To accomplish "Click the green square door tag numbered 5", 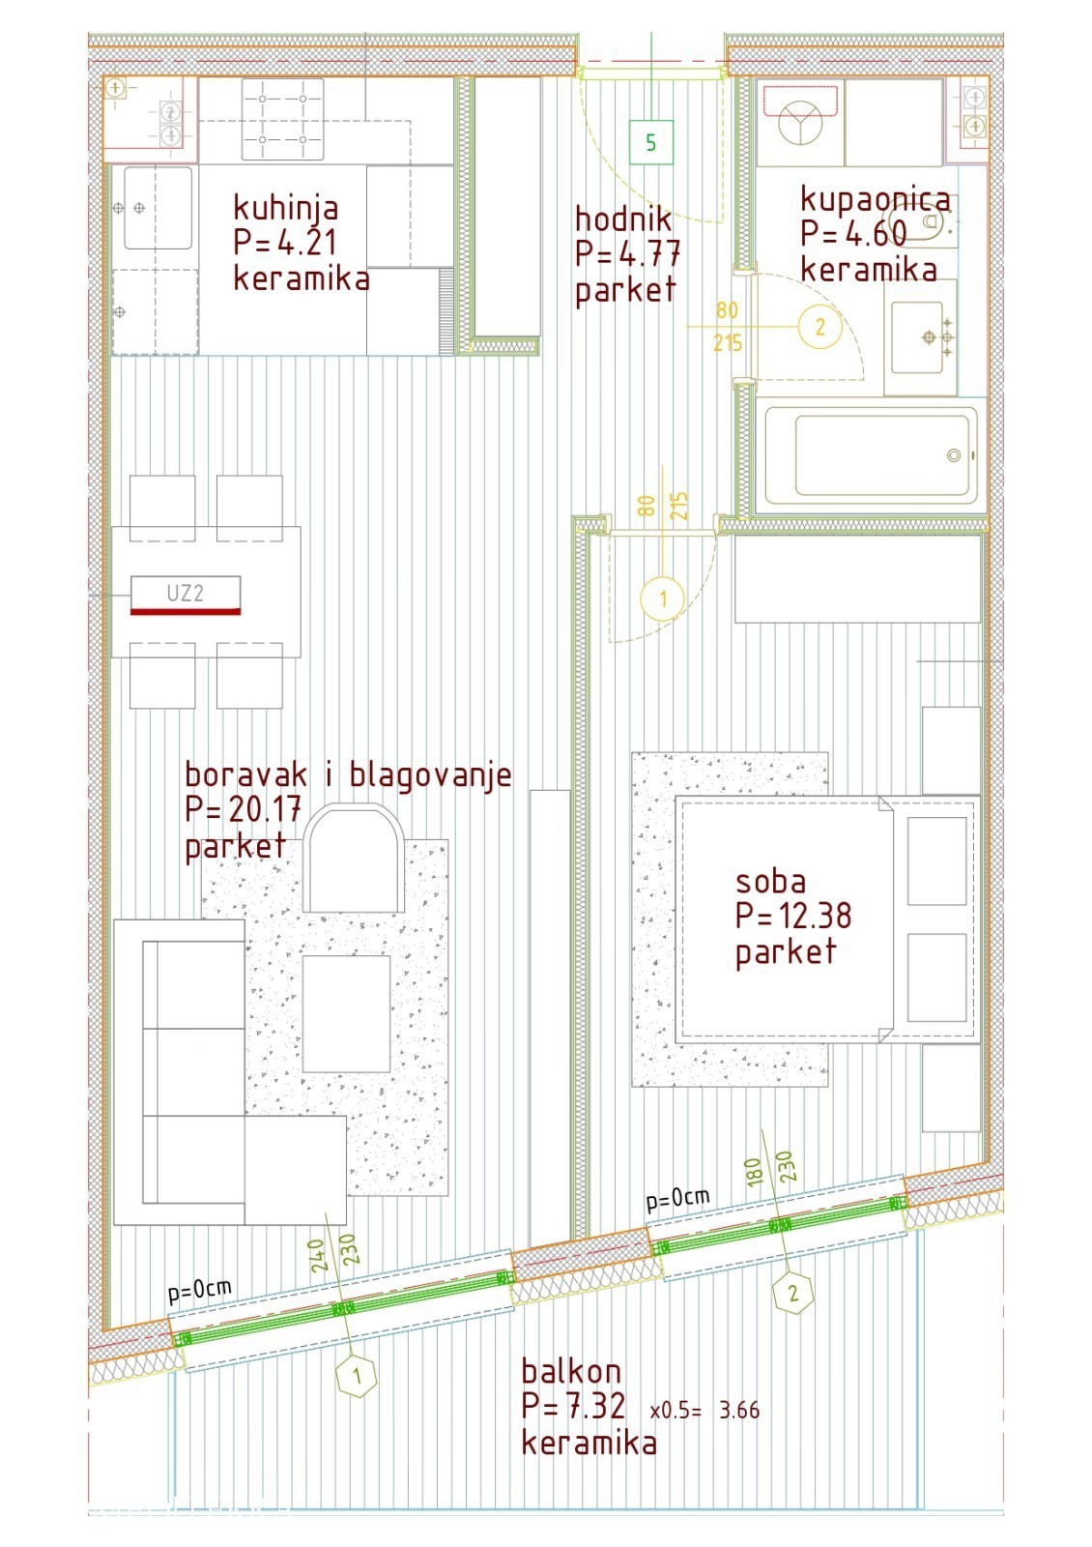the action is (650, 142).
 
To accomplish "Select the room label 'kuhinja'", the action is (286, 208).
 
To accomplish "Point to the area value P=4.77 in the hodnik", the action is (628, 252).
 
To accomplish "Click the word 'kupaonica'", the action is (876, 199).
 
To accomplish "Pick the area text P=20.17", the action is (243, 808).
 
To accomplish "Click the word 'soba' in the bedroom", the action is (770, 882).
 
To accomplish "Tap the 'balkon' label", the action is (571, 1371).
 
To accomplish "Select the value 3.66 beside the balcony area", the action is (739, 1410).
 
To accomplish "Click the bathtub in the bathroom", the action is (871, 455).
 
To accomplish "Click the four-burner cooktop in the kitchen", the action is (282, 119).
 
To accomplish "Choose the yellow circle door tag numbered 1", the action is (663, 598).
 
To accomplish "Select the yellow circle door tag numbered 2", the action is (820, 326).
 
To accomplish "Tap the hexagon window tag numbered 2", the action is (793, 1292).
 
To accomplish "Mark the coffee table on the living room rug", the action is (347, 1014).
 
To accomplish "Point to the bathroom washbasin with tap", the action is (921, 337).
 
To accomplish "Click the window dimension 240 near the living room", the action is (317, 1256).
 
